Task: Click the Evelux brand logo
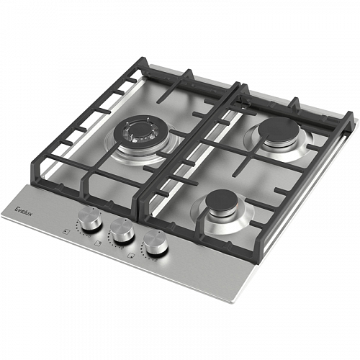[x=24, y=210]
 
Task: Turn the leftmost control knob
[x=90, y=218]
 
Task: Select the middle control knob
[x=122, y=230]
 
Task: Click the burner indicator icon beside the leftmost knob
[x=66, y=231]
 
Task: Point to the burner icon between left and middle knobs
[x=98, y=243]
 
